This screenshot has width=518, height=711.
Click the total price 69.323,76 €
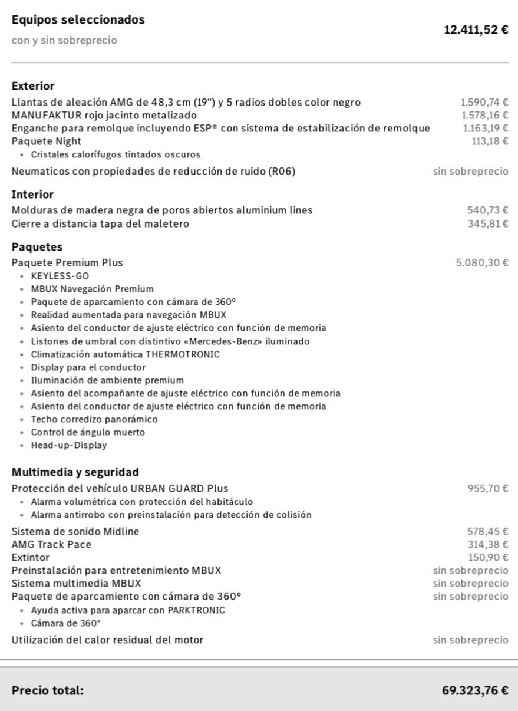(x=475, y=690)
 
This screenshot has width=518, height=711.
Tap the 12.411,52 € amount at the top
(x=476, y=29)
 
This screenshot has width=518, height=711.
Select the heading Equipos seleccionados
(x=78, y=19)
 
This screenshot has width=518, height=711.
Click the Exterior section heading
(x=33, y=86)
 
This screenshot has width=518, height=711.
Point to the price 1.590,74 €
(x=484, y=103)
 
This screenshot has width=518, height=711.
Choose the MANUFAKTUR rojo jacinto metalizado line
(x=104, y=116)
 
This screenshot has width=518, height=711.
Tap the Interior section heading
(x=32, y=195)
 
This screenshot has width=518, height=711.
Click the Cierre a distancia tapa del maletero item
(x=100, y=223)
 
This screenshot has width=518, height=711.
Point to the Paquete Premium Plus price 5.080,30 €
(x=482, y=263)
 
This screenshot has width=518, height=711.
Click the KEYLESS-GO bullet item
(x=60, y=276)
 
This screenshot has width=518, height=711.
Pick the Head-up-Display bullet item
(x=69, y=445)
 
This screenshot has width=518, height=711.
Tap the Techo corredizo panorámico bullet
(x=94, y=419)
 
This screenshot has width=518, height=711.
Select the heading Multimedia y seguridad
(x=75, y=472)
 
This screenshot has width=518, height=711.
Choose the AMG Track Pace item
(x=51, y=544)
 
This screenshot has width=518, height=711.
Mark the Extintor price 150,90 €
(x=488, y=558)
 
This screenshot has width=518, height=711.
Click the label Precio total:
(x=48, y=690)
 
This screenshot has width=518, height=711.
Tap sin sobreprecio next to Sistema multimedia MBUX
(x=470, y=584)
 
